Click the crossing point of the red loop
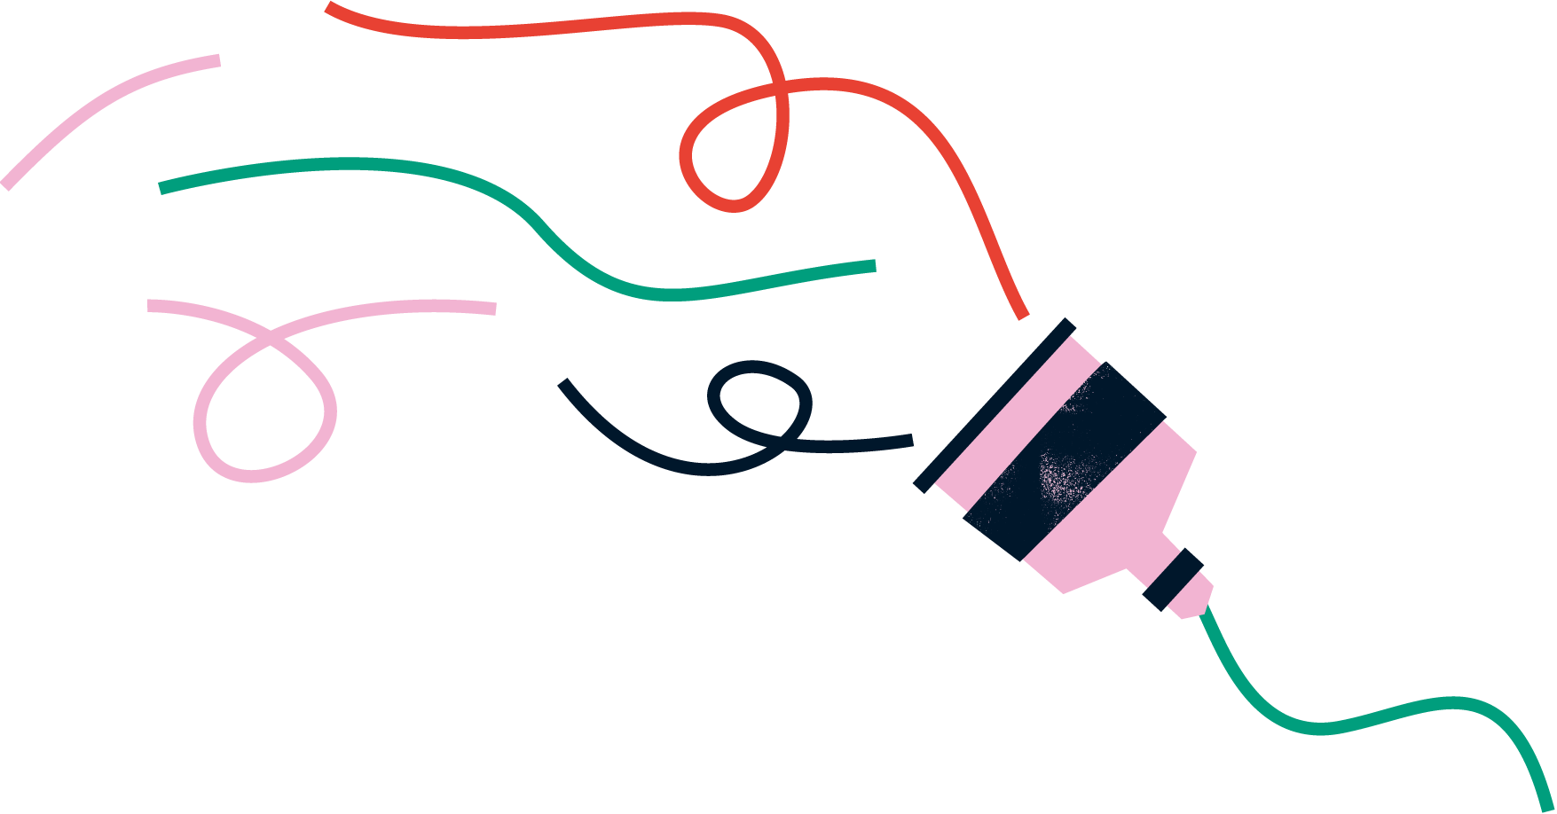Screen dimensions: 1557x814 tap(780, 89)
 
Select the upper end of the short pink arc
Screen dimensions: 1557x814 tap(217, 60)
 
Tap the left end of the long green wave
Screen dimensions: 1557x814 tap(162, 187)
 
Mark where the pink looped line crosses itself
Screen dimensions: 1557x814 tap(270, 338)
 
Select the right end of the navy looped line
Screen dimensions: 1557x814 tap(910, 440)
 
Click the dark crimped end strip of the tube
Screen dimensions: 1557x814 tap(994, 404)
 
